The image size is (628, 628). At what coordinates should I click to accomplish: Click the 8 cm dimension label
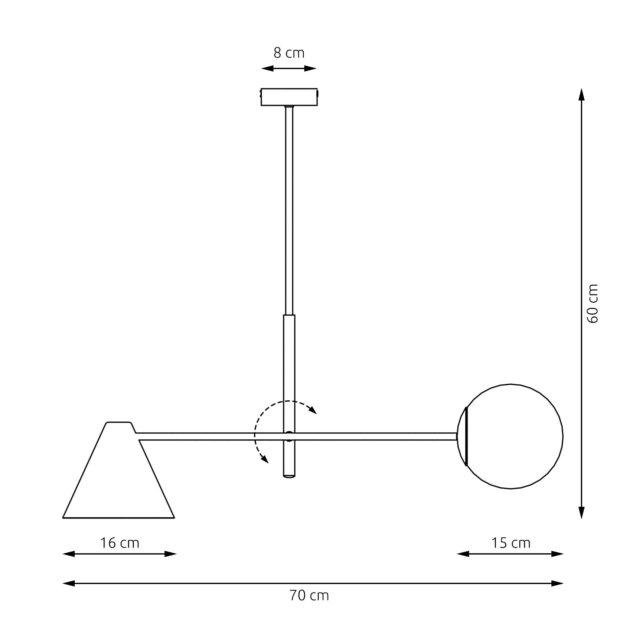click(x=289, y=53)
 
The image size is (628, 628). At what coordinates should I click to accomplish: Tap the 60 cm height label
click(x=592, y=303)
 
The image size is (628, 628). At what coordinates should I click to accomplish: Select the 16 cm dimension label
click(x=119, y=543)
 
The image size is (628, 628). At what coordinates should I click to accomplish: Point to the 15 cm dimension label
click(x=510, y=543)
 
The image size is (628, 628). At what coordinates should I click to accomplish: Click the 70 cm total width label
click(x=309, y=595)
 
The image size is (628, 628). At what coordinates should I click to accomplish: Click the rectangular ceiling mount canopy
click(x=289, y=97)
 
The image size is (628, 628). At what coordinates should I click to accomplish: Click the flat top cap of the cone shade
click(x=119, y=423)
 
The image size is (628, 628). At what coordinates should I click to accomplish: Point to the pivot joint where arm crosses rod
click(x=289, y=436)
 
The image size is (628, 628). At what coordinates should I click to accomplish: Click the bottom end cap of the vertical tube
click(x=289, y=476)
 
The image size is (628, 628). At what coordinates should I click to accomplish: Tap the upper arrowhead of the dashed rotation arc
click(x=313, y=410)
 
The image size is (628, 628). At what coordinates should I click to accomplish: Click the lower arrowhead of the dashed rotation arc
click(x=265, y=459)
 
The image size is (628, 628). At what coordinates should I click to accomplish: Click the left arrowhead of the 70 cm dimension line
click(x=68, y=583)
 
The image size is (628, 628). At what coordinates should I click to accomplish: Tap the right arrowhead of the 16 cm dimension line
click(x=170, y=554)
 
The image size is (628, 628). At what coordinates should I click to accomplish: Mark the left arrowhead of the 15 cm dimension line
click(x=463, y=554)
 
